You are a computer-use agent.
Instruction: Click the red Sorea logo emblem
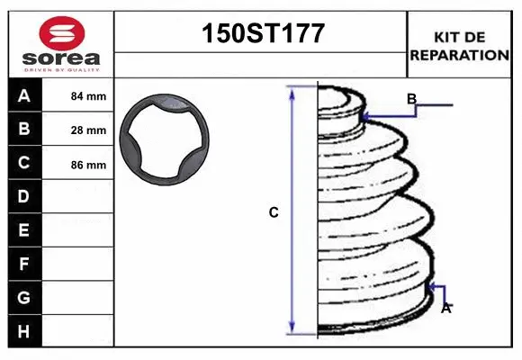click(x=62, y=33)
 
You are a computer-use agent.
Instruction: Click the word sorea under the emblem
click(x=61, y=58)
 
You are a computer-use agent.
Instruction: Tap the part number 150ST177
click(x=263, y=33)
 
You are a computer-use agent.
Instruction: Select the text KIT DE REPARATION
click(x=459, y=46)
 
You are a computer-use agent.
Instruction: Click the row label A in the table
click(x=24, y=96)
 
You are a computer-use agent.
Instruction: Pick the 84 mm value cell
click(x=88, y=96)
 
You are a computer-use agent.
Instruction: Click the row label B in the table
click(x=24, y=129)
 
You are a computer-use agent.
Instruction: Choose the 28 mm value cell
click(x=88, y=130)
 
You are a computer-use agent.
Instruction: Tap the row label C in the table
click(x=24, y=163)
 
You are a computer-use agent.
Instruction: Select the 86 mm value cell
click(x=88, y=165)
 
